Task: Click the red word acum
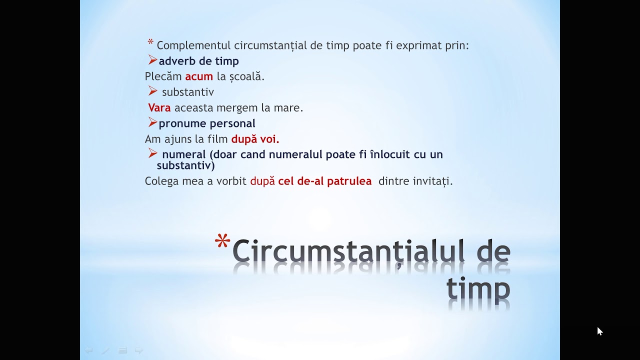coord(199,76)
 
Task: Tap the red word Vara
coord(159,107)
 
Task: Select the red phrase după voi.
coord(255,139)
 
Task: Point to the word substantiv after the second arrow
coord(188,92)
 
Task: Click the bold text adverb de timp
coord(198,61)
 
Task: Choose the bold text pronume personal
coord(207,123)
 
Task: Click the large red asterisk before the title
coord(222,243)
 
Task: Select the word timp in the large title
coord(478,288)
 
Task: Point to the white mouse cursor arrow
coord(599,331)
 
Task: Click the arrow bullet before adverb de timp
coord(152,60)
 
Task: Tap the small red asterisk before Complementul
coord(150,42)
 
